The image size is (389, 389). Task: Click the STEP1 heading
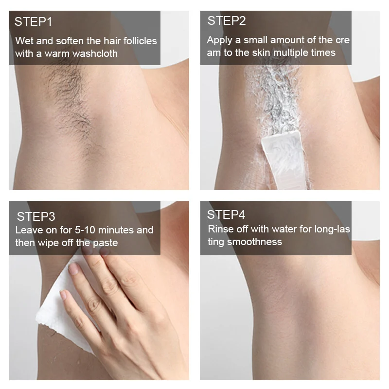[x=33, y=21]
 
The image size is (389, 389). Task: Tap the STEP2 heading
[x=227, y=20]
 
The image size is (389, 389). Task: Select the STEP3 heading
[x=36, y=216]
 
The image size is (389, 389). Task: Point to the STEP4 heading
[x=226, y=214]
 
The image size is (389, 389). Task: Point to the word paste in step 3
[x=106, y=243]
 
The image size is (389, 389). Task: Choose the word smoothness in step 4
[x=254, y=242]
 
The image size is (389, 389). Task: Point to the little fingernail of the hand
[x=64, y=295]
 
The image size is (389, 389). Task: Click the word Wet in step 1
[x=24, y=41]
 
